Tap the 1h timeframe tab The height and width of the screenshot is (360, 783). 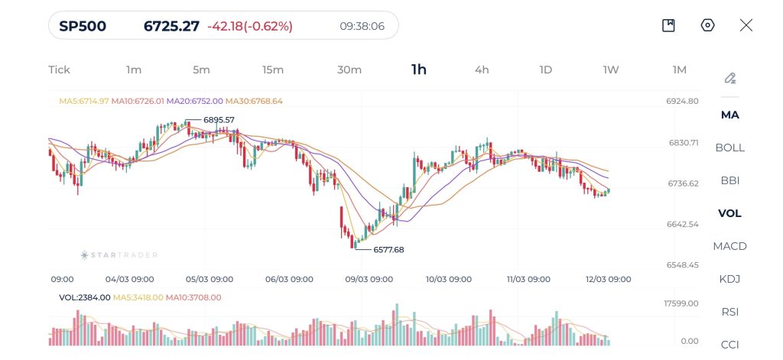[x=418, y=70]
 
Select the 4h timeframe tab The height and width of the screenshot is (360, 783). [x=482, y=70]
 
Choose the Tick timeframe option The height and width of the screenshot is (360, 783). [x=59, y=70]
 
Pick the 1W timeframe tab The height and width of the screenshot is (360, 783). [x=610, y=70]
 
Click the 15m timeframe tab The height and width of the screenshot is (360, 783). [x=273, y=70]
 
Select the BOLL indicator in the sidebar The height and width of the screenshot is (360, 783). [x=729, y=148]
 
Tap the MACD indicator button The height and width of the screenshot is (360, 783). [x=729, y=246]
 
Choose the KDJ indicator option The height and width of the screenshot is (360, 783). [x=729, y=279]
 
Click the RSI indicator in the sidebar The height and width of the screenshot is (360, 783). [x=729, y=312]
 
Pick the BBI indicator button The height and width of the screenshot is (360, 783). [x=729, y=180]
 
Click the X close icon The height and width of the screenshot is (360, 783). [x=746, y=25]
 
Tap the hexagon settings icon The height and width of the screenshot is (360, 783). [x=707, y=25]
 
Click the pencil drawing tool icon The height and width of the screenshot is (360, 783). [x=729, y=78]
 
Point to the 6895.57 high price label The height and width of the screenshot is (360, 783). [x=219, y=120]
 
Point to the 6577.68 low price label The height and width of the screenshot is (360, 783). [x=388, y=249]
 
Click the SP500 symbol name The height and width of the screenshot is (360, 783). [x=83, y=26]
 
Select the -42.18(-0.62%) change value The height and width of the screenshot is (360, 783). [x=250, y=26]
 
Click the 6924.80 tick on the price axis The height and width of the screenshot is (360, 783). [x=683, y=101]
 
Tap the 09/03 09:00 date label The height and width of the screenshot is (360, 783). [x=370, y=279]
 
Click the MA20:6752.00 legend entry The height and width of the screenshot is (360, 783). [x=194, y=101]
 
